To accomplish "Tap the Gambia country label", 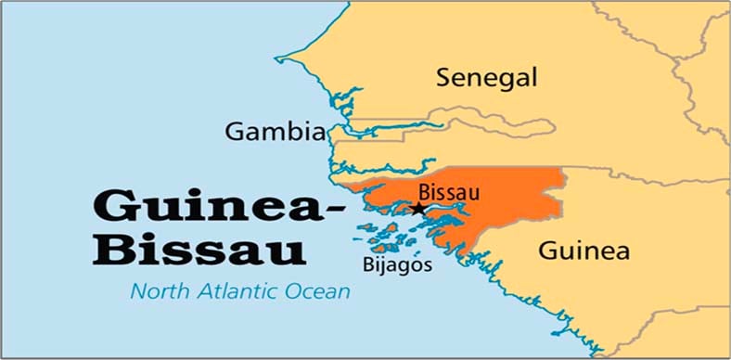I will (x=275, y=132).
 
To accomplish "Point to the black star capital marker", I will (x=418, y=209).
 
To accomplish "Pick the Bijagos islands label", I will (x=398, y=264).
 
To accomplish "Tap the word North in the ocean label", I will (x=158, y=292).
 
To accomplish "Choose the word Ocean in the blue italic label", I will (x=318, y=292).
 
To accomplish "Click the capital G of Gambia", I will (x=234, y=132).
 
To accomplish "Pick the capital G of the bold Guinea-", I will (x=114, y=205).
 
